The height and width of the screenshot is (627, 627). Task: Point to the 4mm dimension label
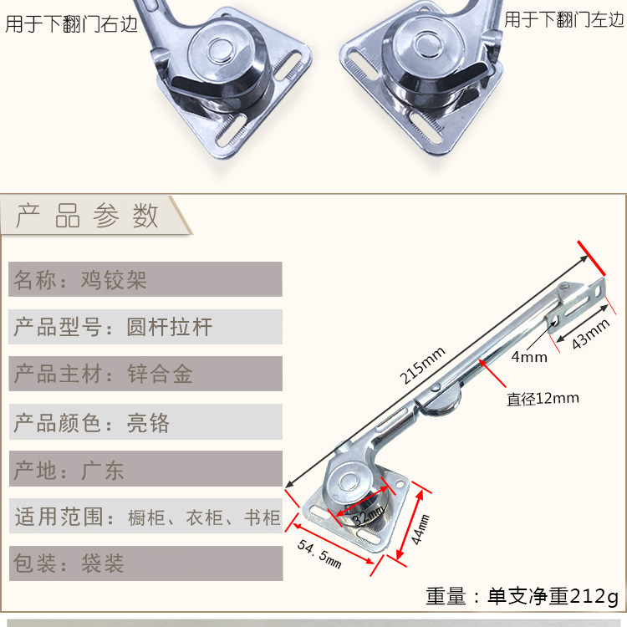[x=528, y=358]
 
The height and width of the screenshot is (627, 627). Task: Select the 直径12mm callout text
[x=543, y=399]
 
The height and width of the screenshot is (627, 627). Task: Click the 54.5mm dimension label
[x=319, y=553]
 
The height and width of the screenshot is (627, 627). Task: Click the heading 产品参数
[x=88, y=216]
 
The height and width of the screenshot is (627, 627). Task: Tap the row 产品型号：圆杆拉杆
[x=114, y=327]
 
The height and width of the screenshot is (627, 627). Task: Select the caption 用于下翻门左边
[x=564, y=19]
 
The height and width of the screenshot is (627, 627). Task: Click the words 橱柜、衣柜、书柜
[x=205, y=517]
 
